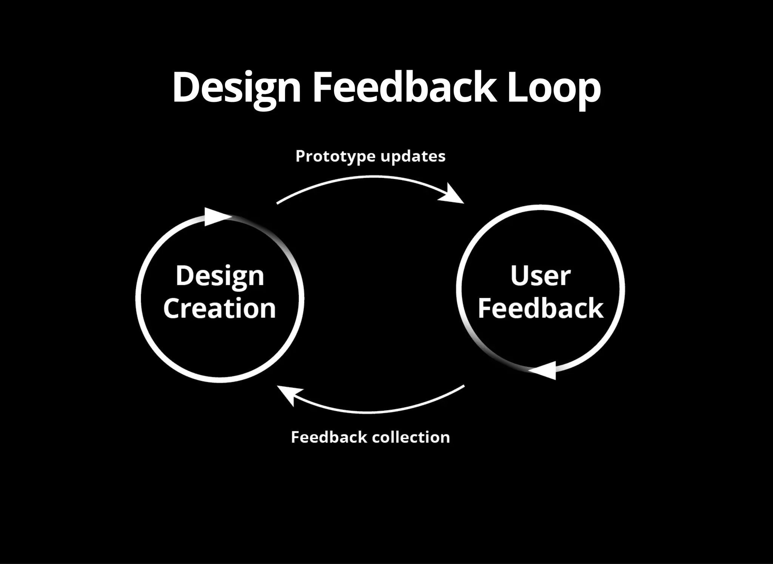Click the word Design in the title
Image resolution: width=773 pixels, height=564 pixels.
237,88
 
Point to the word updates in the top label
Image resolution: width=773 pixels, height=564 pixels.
413,156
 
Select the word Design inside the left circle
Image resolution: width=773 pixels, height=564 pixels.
220,276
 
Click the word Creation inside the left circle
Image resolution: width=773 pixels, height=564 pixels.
220,308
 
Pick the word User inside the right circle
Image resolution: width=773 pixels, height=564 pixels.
540,276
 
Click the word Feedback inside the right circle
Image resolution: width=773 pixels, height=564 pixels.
540,308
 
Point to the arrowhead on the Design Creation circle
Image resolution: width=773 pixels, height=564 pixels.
216,217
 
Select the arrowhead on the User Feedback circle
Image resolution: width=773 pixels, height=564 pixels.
545,370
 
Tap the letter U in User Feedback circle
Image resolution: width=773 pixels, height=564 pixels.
519,275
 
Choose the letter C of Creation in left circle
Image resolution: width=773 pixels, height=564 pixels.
172,308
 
